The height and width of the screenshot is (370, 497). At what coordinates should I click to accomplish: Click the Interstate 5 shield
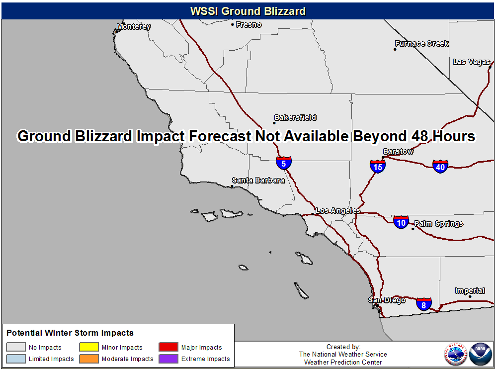click(x=284, y=163)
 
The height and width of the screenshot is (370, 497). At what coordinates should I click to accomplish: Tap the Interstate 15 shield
click(x=378, y=167)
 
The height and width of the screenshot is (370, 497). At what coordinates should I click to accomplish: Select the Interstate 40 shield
click(x=440, y=167)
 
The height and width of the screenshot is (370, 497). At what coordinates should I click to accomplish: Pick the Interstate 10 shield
click(x=401, y=222)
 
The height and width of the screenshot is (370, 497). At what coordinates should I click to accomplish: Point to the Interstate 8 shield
click(x=424, y=304)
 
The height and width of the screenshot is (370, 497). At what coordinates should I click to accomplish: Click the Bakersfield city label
click(x=295, y=118)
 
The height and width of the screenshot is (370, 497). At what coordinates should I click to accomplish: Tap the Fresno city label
click(x=248, y=24)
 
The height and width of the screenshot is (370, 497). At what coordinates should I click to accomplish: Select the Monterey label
click(x=133, y=26)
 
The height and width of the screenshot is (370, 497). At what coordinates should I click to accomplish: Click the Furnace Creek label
click(x=421, y=43)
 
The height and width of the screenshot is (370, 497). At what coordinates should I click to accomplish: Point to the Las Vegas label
click(x=472, y=62)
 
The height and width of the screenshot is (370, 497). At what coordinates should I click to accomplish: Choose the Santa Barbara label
click(x=258, y=180)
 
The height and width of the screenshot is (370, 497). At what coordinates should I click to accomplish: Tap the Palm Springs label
click(x=439, y=223)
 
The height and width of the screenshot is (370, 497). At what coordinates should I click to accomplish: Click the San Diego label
click(x=387, y=300)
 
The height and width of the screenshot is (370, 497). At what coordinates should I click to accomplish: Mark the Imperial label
click(x=470, y=290)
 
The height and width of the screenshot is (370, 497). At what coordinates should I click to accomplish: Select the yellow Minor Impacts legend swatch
click(x=89, y=347)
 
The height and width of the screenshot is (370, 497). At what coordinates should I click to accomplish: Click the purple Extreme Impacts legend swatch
click(x=168, y=359)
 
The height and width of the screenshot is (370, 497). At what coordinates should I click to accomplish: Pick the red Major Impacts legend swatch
click(x=168, y=347)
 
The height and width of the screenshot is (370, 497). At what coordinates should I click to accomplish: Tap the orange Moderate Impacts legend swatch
click(x=89, y=359)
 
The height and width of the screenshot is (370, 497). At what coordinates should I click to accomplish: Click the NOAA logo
click(x=481, y=354)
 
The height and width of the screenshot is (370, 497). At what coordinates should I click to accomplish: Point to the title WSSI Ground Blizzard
click(x=248, y=11)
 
